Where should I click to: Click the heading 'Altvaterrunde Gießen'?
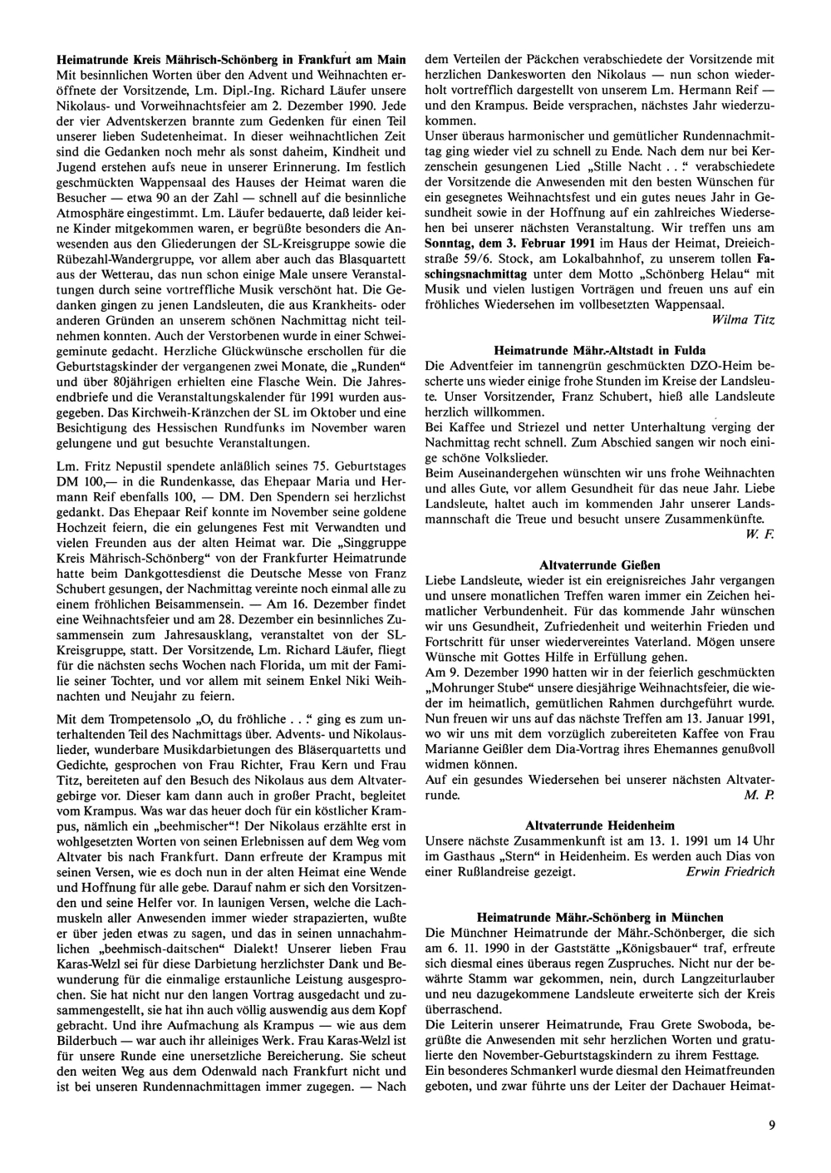(599, 564)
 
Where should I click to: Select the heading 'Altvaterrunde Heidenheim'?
(599, 825)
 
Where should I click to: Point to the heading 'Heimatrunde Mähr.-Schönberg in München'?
(600, 917)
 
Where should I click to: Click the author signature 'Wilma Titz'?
(744, 318)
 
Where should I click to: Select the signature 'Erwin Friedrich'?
(730, 871)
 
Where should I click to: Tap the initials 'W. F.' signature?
(765, 532)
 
